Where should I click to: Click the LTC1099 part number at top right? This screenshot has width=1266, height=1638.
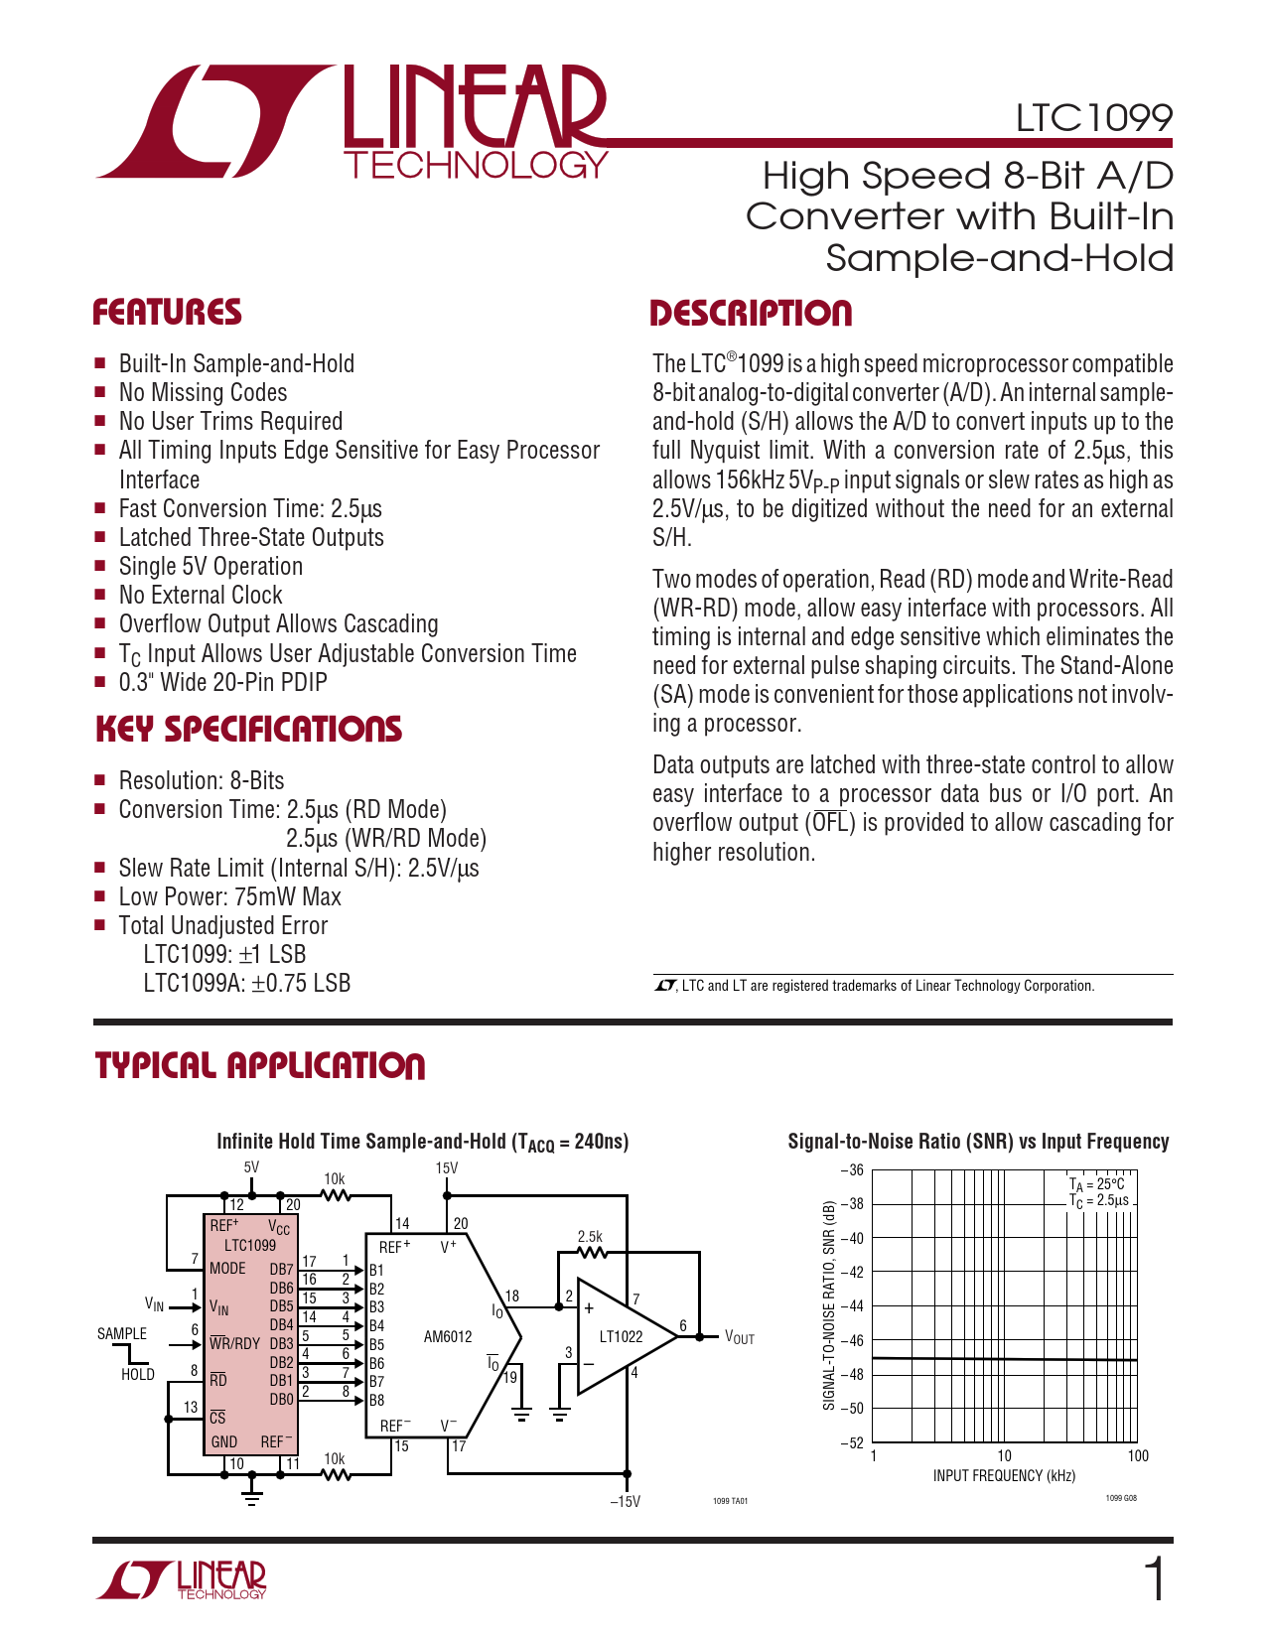tap(1092, 118)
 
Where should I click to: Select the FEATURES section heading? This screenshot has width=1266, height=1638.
tap(167, 313)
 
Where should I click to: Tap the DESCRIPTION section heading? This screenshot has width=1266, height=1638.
tap(751, 314)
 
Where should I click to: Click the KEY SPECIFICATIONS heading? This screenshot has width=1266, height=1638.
tap(248, 730)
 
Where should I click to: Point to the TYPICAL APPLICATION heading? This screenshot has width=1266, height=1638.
tap(260, 1066)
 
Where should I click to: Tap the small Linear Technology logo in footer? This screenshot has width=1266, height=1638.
tap(182, 1579)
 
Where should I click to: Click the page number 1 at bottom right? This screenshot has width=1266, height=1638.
tap(1155, 1579)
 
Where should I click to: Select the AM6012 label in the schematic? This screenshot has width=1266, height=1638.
tap(448, 1336)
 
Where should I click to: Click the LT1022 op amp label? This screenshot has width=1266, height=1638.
tap(621, 1336)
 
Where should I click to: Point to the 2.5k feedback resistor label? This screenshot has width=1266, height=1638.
tap(590, 1236)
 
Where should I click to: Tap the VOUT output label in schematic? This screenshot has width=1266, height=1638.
tap(740, 1338)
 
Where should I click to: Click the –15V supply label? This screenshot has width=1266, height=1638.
tap(625, 1501)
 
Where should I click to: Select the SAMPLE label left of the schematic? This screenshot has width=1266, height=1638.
tap(122, 1333)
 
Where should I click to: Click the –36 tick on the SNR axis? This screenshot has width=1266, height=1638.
tap(852, 1170)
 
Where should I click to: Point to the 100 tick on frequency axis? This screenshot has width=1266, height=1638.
tap(1138, 1455)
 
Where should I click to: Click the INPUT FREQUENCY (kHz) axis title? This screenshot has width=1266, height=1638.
tap(1004, 1475)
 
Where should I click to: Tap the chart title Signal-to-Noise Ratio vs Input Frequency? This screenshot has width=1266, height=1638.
tap(978, 1142)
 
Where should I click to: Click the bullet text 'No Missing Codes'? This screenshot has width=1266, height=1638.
tap(203, 393)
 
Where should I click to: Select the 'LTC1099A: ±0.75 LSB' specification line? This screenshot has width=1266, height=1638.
tap(246, 983)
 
